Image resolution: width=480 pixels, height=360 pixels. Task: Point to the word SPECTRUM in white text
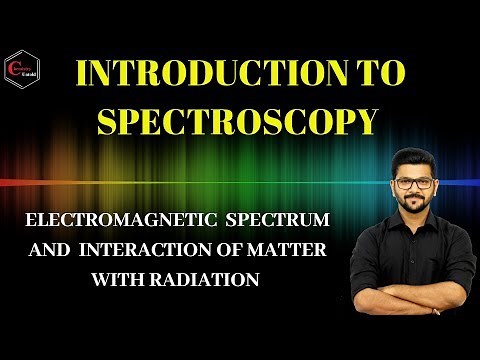pyautogui.click(x=277, y=217)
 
